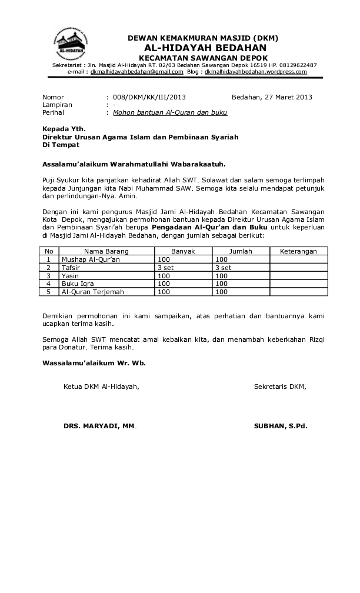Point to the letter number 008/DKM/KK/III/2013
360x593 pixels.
coord(149,97)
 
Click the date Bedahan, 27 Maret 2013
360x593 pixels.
coord(272,97)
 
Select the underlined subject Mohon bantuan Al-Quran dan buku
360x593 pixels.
coord(170,112)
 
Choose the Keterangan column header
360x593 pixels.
coord(298,251)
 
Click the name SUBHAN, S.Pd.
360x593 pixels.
coord(281,425)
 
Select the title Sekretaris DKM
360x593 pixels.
coord(280,387)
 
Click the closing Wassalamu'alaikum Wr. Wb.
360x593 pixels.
coord(94,363)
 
